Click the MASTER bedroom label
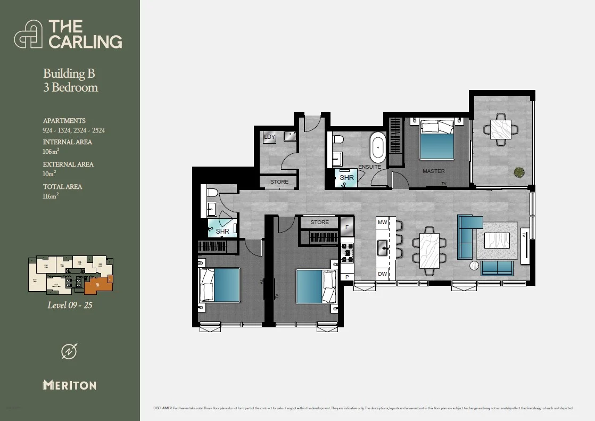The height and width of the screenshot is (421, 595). pyautogui.click(x=433, y=171)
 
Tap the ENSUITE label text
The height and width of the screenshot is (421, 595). pyautogui.click(x=369, y=167)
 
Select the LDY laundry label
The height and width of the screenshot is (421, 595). pyautogui.click(x=269, y=137)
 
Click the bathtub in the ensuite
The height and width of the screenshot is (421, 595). pyautogui.click(x=378, y=149)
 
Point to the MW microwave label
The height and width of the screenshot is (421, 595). pyautogui.click(x=382, y=222)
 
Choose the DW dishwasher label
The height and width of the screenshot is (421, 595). pyautogui.click(x=382, y=274)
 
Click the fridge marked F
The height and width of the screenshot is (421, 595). pyautogui.click(x=347, y=227)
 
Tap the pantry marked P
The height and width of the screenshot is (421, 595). pyautogui.click(x=347, y=277)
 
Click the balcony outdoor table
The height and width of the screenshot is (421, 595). pyautogui.click(x=500, y=129)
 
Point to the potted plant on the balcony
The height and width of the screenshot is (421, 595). pyautogui.click(x=518, y=172)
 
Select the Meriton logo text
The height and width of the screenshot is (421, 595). pyautogui.click(x=70, y=385)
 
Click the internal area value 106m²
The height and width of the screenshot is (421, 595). pyautogui.click(x=51, y=152)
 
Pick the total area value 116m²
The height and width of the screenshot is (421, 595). pyautogui.click(x=51, y=196)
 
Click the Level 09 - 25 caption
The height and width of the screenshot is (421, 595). pyautogui.click(x=70, y=306)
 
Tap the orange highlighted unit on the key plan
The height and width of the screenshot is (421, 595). pyautogui.click(x=97, y=284)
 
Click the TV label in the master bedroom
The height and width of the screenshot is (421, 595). pyautogui.click(x=443, y=184)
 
